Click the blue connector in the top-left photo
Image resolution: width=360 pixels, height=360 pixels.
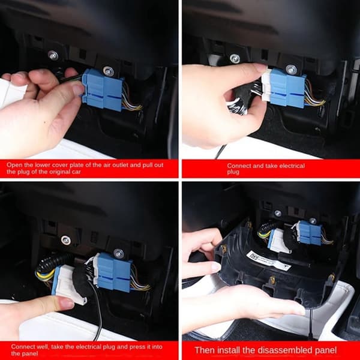(x=103, y=90)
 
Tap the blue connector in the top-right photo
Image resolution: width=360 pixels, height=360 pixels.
(x=287, y=88)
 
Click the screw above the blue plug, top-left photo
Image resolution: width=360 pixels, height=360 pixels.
(x=108, y=71)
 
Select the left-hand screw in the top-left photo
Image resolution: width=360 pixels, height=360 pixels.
(x=53, y=56)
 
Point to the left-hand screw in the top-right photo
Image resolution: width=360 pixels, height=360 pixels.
(x=235, y=59)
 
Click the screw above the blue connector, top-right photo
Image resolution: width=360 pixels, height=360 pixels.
(x=292, y=69)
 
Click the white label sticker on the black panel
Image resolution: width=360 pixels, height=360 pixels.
(x=269, y=259)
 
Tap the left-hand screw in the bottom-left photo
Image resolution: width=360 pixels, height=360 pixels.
(x=66, y=240)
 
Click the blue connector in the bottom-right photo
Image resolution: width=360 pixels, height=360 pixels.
(x=310, y=232)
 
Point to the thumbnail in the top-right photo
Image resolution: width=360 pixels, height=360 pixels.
(x=261, y=67)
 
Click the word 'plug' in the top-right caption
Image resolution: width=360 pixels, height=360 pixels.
(x=233, y=172)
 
